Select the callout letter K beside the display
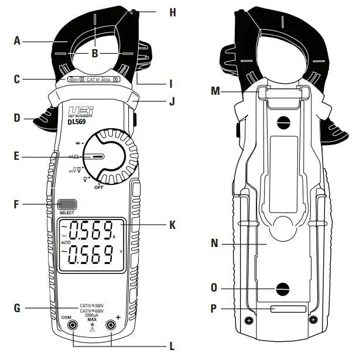(172, 224)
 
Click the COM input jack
(73, 325)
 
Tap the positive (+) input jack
(110, 325)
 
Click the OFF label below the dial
(99, 187)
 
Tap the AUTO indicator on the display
(66, 242)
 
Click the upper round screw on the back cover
(283, 122)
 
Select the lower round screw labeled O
(283, 288)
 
